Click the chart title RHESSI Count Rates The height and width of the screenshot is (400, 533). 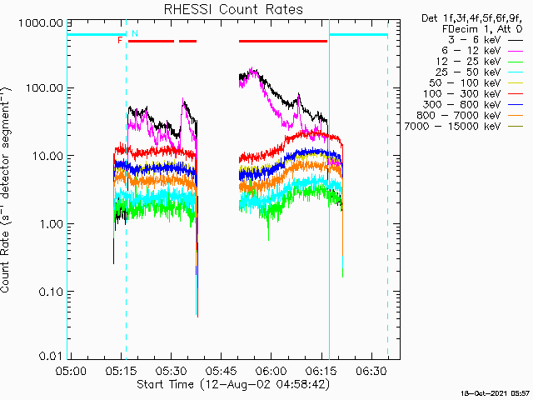233,9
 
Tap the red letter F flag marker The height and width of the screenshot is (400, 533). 121,40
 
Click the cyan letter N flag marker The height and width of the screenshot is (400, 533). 135,32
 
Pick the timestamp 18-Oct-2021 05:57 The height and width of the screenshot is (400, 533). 495,392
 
